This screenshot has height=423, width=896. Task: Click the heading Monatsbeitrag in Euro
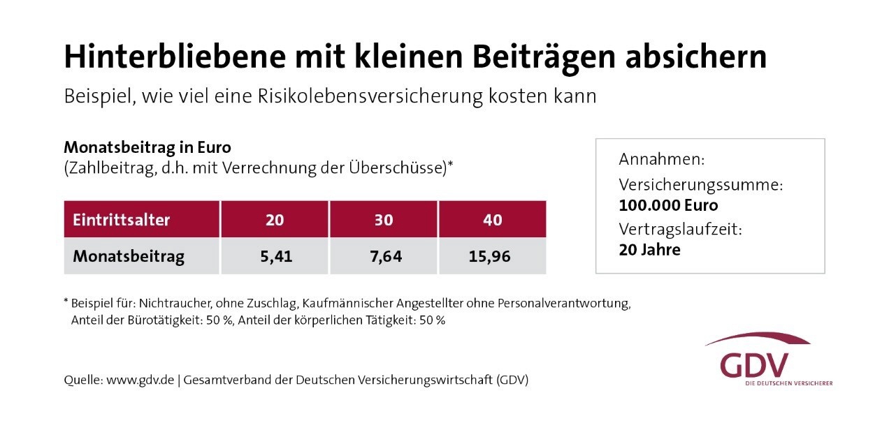pyautogui.click(x=147, y=148)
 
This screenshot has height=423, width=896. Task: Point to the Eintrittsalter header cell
pyautogui.click(x=122, y=220)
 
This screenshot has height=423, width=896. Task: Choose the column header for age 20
pyautogui.click(x=275, y=220)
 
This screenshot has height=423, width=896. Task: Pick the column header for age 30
pyautogui.click(x=384, y=220)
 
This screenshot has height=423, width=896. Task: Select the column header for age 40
pyautogui.click(x=493, y=220)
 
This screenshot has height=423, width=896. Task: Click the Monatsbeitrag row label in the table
pyautogui.click(x=129, y=256)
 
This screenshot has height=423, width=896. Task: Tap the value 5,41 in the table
pyautogui.click(x=275, y=256)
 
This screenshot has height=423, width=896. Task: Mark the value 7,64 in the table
pyautogui.click(x=384, y=256)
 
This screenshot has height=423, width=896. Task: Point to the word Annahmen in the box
pyautogui.click(x=661, y=160)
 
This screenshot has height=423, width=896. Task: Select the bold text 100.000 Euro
pyautogui.click(x=668, y=206)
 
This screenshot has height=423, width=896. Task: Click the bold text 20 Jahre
pyautogui.click(x=649, y=250)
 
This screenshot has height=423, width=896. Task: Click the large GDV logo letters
pyautogui.click(x=754, y=365)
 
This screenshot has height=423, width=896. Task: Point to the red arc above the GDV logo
pyautogui.click(x=758, y=339)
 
